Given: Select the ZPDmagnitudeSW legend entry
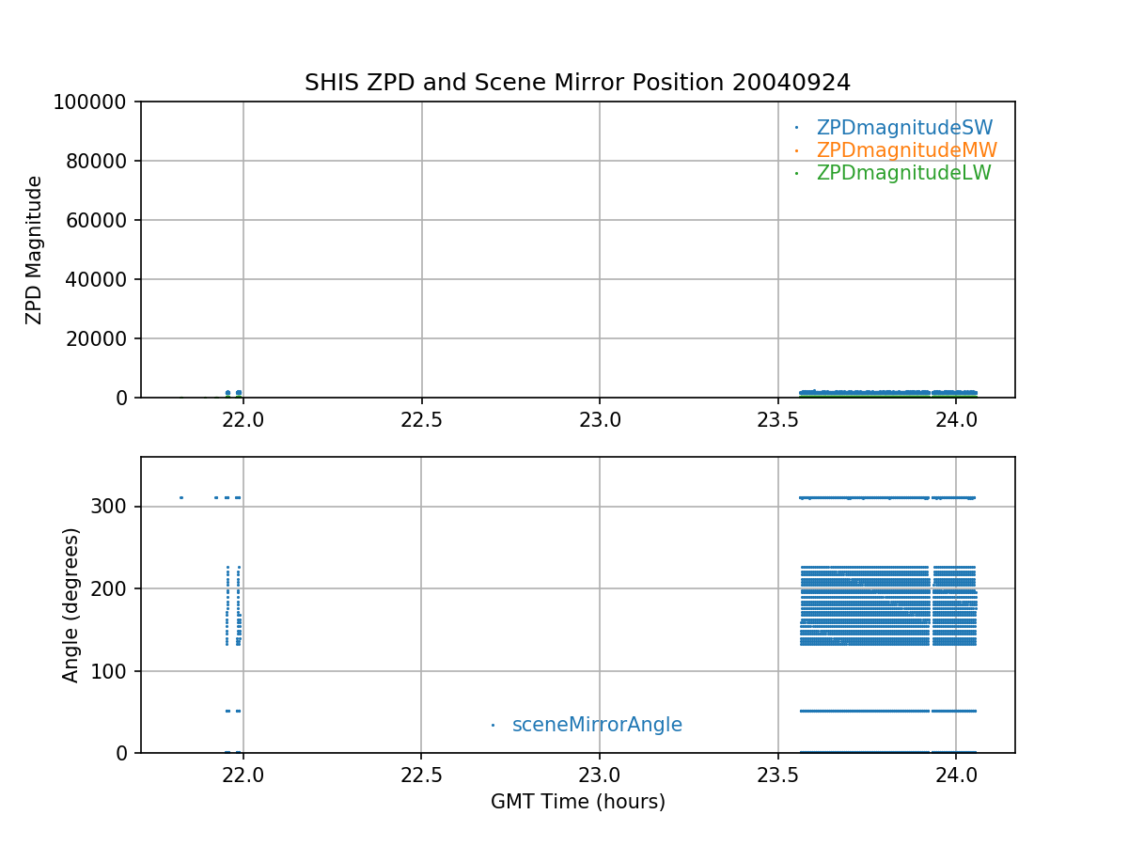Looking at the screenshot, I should click(904, 128).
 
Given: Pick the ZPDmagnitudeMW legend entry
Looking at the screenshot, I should click(906, 150).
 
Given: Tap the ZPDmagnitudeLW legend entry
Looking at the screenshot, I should click(903, 173).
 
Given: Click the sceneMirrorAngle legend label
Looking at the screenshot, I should click(597, 725).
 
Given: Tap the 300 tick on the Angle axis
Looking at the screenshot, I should click(116, 507).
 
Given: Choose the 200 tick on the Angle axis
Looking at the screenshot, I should click(116, 588).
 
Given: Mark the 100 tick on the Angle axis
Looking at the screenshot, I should click(116, 671).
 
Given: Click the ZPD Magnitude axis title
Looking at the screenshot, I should click(35, 250).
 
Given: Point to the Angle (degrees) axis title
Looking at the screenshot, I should click(71, 604).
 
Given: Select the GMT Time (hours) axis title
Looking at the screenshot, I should click(577, 802).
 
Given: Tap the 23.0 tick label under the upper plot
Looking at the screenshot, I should click(600, 419).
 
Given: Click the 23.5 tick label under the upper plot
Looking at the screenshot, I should click(777, 419).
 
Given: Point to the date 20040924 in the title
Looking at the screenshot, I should click(792, 83).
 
